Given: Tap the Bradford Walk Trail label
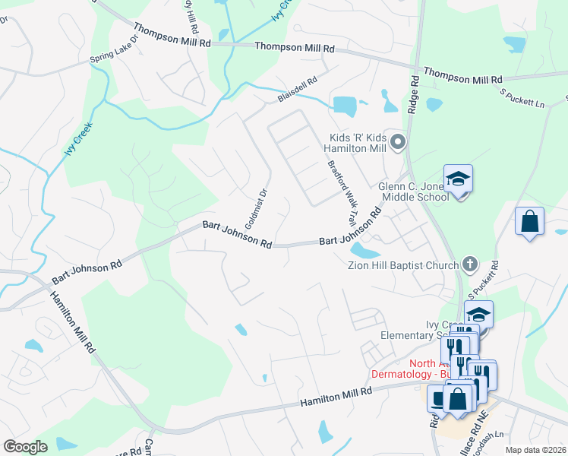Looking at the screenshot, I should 342,194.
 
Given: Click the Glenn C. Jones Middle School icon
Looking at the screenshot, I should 458,179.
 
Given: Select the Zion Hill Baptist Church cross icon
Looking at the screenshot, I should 470,264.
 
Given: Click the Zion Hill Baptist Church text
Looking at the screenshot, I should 402,265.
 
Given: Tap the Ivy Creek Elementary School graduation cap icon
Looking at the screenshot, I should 478,314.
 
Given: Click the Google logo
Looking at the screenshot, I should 24,446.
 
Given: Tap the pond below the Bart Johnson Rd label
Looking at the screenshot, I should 365,252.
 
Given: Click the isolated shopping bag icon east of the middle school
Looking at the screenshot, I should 529,222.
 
